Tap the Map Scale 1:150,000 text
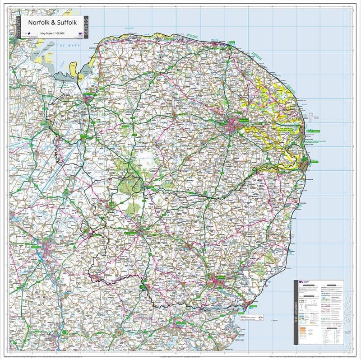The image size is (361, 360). pos(51,33)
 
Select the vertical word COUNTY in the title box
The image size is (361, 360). pos(19,27)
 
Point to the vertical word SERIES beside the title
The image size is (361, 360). pos(86,28)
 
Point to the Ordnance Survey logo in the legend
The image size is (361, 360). pos(301,282)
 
